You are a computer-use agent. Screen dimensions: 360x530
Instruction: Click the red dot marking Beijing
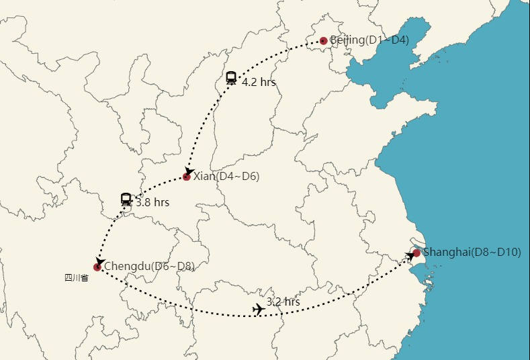[324, 41]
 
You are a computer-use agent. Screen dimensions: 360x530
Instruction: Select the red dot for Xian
[187, 177]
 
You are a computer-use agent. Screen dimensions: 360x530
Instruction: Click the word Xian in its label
[204, 177]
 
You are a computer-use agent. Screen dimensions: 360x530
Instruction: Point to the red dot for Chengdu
[97, 267]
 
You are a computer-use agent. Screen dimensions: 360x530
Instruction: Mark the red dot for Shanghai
[416, 253]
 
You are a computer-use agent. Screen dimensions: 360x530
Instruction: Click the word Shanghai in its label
[446, 253]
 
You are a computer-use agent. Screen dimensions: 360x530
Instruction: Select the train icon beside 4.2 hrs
[231, 78]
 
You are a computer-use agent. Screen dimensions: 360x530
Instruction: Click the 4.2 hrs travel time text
[259, 83]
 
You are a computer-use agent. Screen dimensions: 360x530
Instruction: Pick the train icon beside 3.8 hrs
[126, 199]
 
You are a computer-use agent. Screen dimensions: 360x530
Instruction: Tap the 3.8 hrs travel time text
[152, 201]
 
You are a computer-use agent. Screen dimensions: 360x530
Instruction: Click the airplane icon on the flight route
[257, 310]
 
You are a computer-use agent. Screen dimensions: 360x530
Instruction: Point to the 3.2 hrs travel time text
[283, 302]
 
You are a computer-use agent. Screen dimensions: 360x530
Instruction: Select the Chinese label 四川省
[76, 278]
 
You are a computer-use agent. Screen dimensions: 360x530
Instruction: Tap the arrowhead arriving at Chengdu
[99, 261]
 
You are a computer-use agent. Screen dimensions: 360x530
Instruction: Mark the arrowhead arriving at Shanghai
[410, 256]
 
